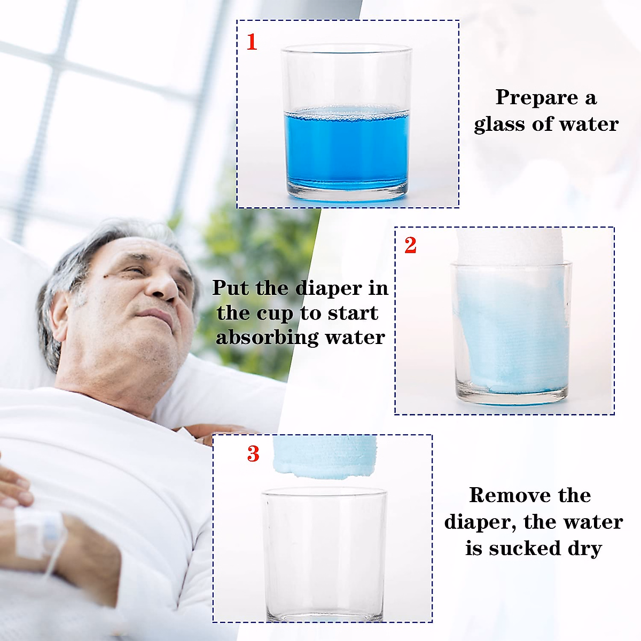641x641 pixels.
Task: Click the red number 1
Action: click(252, 42)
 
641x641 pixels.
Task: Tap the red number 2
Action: click(410, 245)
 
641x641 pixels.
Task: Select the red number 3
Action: click(253, 454)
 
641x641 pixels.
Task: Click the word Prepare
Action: click(536, 98)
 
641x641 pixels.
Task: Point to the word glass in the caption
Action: click(501, 124)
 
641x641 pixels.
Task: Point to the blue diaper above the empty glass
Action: click(324, 454)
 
